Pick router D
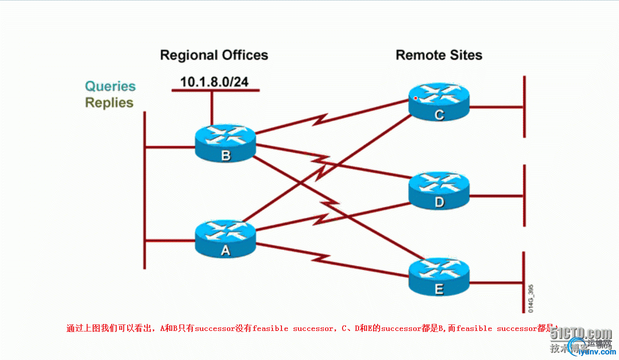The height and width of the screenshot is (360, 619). (x=439, y=190)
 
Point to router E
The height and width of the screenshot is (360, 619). (x=439, y=277)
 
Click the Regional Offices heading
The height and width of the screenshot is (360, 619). (x=214, y=55)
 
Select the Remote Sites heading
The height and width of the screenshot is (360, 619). (x=439, y=55)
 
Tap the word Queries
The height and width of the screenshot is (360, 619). (x=110, y=86)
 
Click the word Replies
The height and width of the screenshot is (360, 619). (x=109, y=103)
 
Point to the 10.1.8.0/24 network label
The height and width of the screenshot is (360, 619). (x=214, y=82)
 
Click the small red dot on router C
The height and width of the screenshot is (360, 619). (x=416, y=98)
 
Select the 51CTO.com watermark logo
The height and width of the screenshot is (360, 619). (x=581, y=334)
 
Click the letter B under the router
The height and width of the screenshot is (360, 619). (x=226, y=156)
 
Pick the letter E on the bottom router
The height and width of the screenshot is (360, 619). (x=439, y=289)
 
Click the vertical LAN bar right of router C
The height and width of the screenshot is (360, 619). (x=524, y=107)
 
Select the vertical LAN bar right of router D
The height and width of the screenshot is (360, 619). (x=524, y=195)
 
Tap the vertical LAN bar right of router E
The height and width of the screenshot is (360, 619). (x=524, y=280)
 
